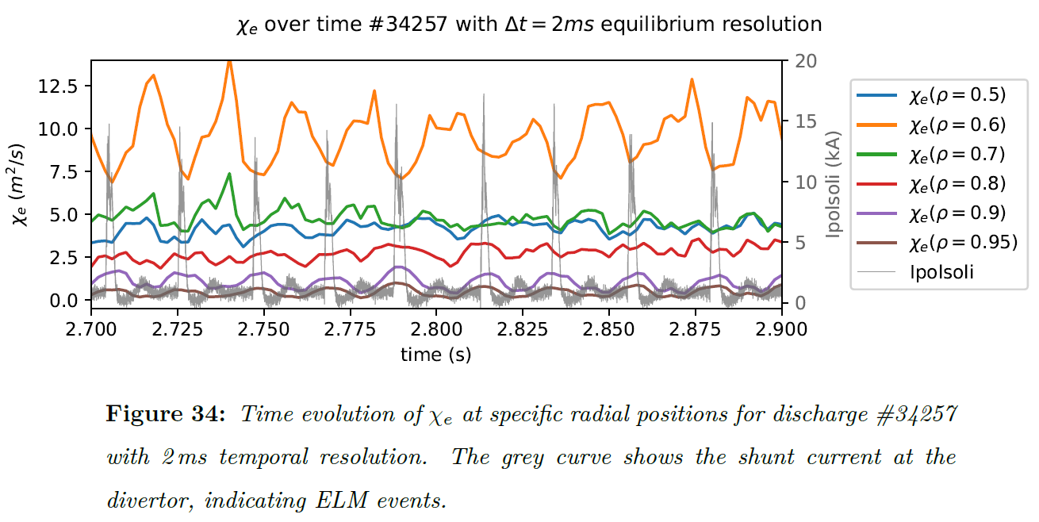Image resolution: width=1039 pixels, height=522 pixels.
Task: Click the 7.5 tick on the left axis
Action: (63, 172)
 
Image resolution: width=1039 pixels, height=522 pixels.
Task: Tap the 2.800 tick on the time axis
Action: (435, 328)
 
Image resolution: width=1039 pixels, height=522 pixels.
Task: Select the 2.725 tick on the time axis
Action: (177, 328)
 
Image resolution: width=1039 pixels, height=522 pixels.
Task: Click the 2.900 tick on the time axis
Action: (781, 328)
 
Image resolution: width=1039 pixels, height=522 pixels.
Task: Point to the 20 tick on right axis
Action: (801, 61)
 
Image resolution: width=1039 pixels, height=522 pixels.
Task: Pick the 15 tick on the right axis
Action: (801, 121)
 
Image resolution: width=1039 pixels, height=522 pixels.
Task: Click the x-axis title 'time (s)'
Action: (435, 354)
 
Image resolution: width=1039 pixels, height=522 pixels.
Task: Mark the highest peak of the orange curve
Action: (229, 61)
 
